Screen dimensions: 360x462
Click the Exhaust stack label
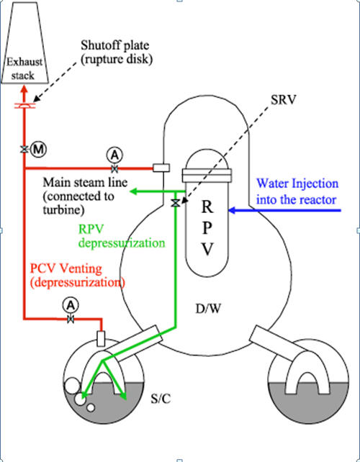pos(24,69)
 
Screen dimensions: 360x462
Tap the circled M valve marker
pos(39,150)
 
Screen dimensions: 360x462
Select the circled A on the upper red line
pos(114,155)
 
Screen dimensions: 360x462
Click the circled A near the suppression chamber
pos(71,306)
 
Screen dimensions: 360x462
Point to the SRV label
pos(283,100)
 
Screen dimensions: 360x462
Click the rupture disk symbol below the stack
pos(24,106)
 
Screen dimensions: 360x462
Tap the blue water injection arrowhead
pos(233,210)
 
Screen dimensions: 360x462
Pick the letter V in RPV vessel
pos(207,250)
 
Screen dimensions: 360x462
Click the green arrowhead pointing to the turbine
pos(135,191)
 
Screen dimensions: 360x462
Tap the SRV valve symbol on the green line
pos(176,203)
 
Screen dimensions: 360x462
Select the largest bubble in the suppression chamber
pos(72,386)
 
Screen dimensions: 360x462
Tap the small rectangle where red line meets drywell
pos(161,168)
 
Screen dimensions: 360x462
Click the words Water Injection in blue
pos(297,184)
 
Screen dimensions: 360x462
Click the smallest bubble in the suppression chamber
pos(91,407)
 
